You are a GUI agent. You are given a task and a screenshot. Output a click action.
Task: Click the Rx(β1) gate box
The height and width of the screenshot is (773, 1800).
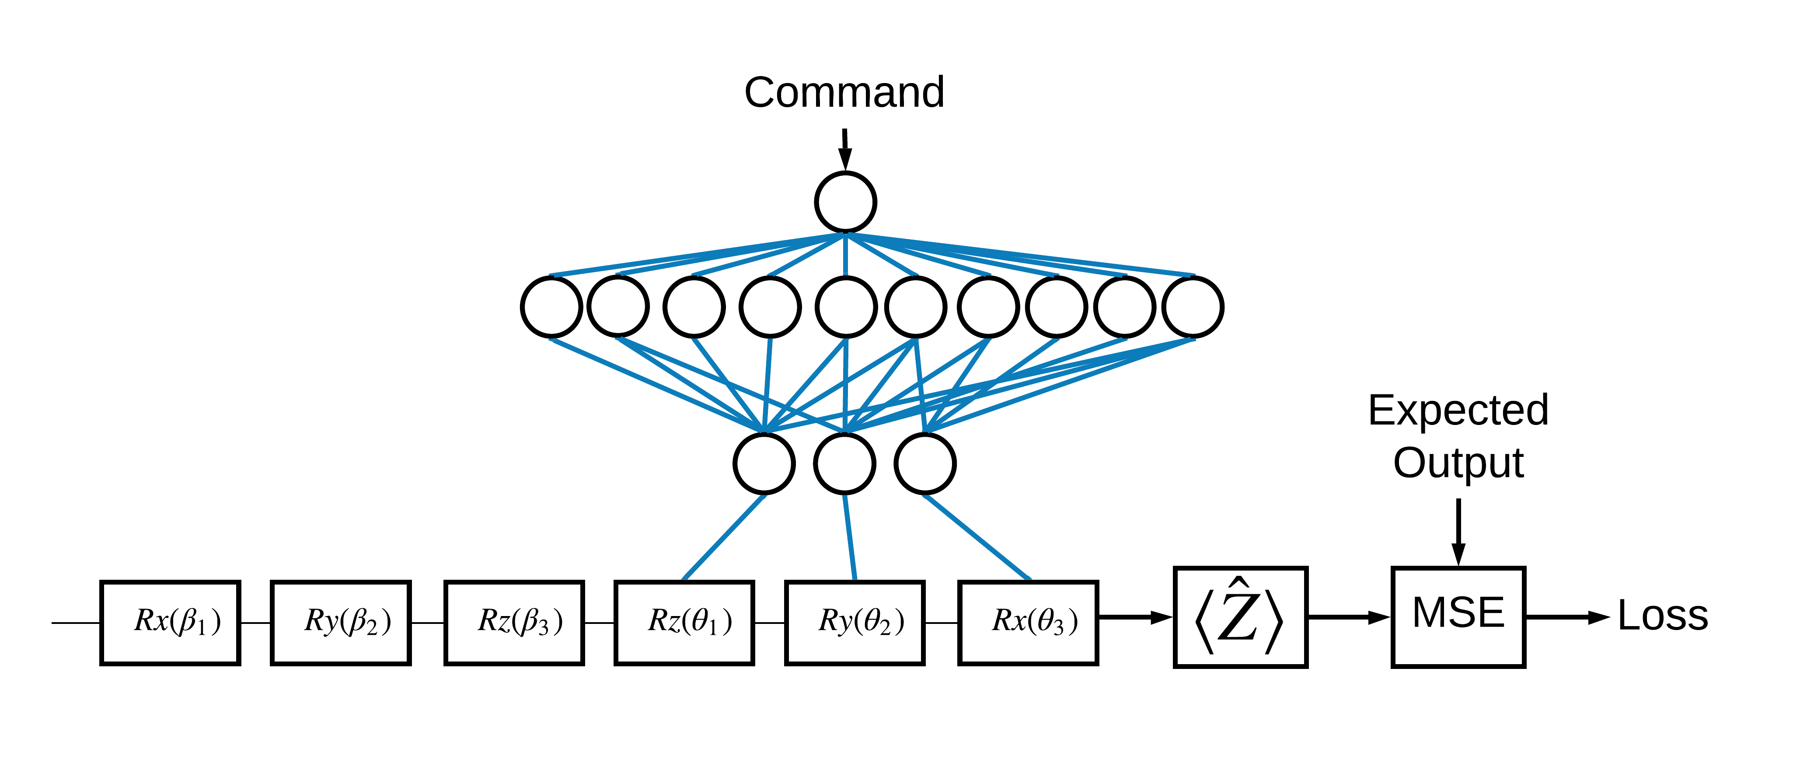(170, 622)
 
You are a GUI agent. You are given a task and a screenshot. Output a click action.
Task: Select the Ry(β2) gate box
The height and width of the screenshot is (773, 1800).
(340, 622)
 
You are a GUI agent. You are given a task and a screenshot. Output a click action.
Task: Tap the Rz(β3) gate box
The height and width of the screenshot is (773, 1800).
(513, 622)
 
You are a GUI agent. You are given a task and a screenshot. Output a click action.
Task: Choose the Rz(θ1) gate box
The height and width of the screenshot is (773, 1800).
(684, 622)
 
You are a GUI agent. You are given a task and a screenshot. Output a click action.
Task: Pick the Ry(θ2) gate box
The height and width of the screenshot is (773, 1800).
(855, 622)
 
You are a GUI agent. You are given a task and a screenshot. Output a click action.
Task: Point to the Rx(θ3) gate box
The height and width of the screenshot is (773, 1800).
(1028, 622)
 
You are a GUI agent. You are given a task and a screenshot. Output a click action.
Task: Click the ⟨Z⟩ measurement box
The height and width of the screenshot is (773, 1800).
(1240, 616)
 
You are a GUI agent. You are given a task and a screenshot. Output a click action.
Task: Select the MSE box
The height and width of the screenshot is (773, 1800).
(1458, 616)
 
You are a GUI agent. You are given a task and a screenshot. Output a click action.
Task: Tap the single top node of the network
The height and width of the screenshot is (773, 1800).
(845, 202)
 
